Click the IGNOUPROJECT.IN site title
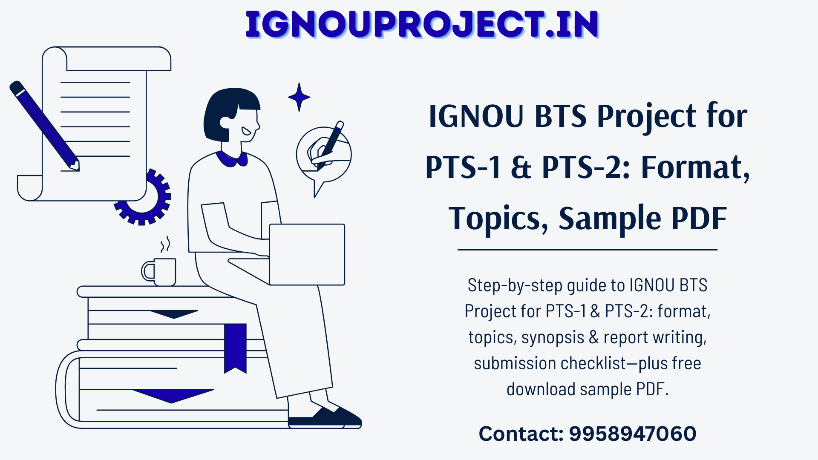click(x=422, y=25)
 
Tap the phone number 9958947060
click(x=633, y=434)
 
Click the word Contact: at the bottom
click(x=521, y=434)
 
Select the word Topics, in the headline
click(x=499, y=218)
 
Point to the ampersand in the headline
click(x=521, y=167)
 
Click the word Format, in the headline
click(x=695, y=168)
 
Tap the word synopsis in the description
click(x=553, y=337)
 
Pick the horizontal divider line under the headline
click(x=588, y=250)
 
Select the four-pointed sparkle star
click(x=299, y=97)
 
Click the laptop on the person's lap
click(x=307, y=254)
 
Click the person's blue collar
click(x=232, y=158)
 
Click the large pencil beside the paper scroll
click(x=44, y=126)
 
